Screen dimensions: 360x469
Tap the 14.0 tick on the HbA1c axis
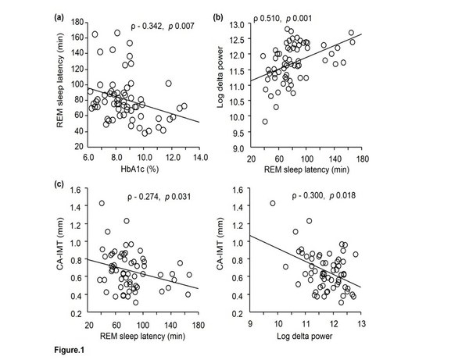(199, 156)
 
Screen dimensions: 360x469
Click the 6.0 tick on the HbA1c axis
(88, 156)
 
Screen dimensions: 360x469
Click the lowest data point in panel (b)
(265, 121)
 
